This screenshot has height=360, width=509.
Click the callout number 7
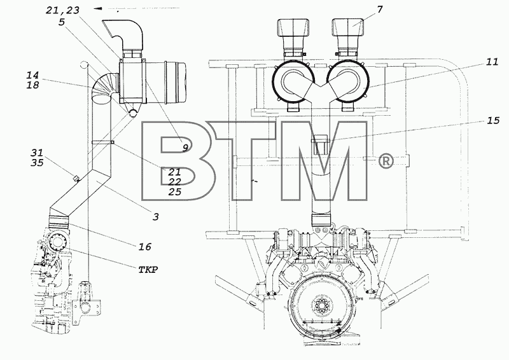click(380, 10)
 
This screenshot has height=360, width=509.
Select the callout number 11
click(492, 62)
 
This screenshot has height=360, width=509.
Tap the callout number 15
click(493, 120)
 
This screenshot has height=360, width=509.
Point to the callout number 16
click(145, 247)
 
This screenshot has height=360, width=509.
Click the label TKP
click(148, 270)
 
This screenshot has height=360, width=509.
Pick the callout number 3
click(156, 216)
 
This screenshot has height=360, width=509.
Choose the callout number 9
click(185, 148)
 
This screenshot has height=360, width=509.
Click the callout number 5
click(62, 22)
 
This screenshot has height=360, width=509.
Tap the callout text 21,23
click(62, 10)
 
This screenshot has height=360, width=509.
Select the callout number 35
click(38, 162)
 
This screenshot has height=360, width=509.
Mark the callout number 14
click(32, 75)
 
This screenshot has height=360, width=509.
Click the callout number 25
click(174, 192)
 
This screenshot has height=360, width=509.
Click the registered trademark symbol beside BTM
click(386, 162)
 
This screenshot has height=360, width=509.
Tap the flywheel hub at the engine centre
click(323, 305)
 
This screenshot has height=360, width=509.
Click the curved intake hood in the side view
click(124, 34)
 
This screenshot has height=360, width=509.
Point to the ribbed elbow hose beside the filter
click(104, 88)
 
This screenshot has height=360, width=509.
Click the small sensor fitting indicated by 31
click(76, 178)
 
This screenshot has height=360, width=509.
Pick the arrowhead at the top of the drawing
click(98, 8)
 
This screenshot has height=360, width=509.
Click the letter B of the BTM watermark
click(177, 161)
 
